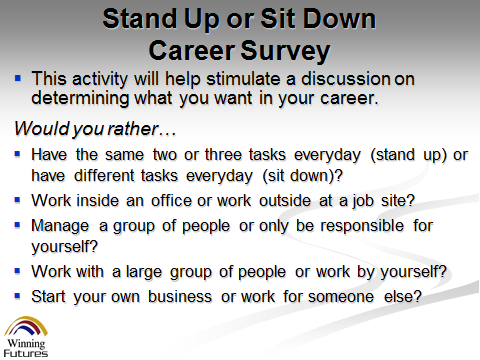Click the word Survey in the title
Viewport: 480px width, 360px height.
click(x=285, y=51)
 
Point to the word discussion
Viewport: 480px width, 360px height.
click(x=346, y=79)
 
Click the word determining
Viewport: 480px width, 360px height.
click(x=80, y=99)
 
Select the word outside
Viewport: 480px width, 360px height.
click(x=285, y=201)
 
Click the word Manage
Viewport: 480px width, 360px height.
click(x=60, y=226)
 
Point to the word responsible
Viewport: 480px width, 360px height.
click(x=362, y=226)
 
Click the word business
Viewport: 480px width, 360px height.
click(x=180, y=297)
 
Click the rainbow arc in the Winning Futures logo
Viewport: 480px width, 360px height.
click(x=26, y=320)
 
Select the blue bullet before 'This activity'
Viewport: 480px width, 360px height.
click(x=18, y=79)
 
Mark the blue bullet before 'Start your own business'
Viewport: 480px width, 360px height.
click(x=18, y=296)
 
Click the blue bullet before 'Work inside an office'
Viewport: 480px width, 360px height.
click(x=18, y=200)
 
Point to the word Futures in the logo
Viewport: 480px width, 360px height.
click(x=26, y=353)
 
